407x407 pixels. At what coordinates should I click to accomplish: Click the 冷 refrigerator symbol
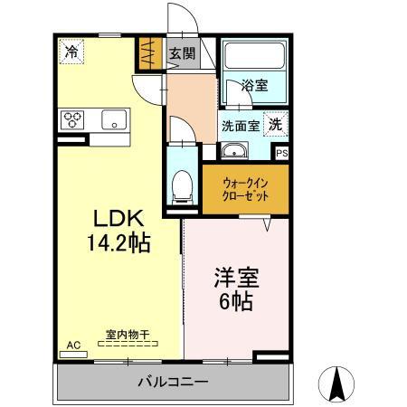pyautogui.click(x=70, y=52)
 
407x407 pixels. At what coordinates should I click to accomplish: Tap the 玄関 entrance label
pyautogui.click(x=182, y=54)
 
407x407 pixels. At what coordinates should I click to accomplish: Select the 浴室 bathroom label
pyautogui.click(x=254, y=87)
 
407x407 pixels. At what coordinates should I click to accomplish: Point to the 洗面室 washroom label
pyautogui.click(x=240, y=126)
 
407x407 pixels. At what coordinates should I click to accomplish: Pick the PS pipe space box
pyautogui.click(x=281, y=154)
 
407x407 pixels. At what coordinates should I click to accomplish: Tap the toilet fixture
pyautogui.click(x=181, y=185)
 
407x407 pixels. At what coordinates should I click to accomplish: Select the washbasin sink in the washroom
pyautogui.click(x=236, y=151)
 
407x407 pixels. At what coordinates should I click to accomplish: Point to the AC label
pyautogui.click(x=73, y=345)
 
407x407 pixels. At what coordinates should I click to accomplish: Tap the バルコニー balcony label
pyautogui.click(x=173, y=381)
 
